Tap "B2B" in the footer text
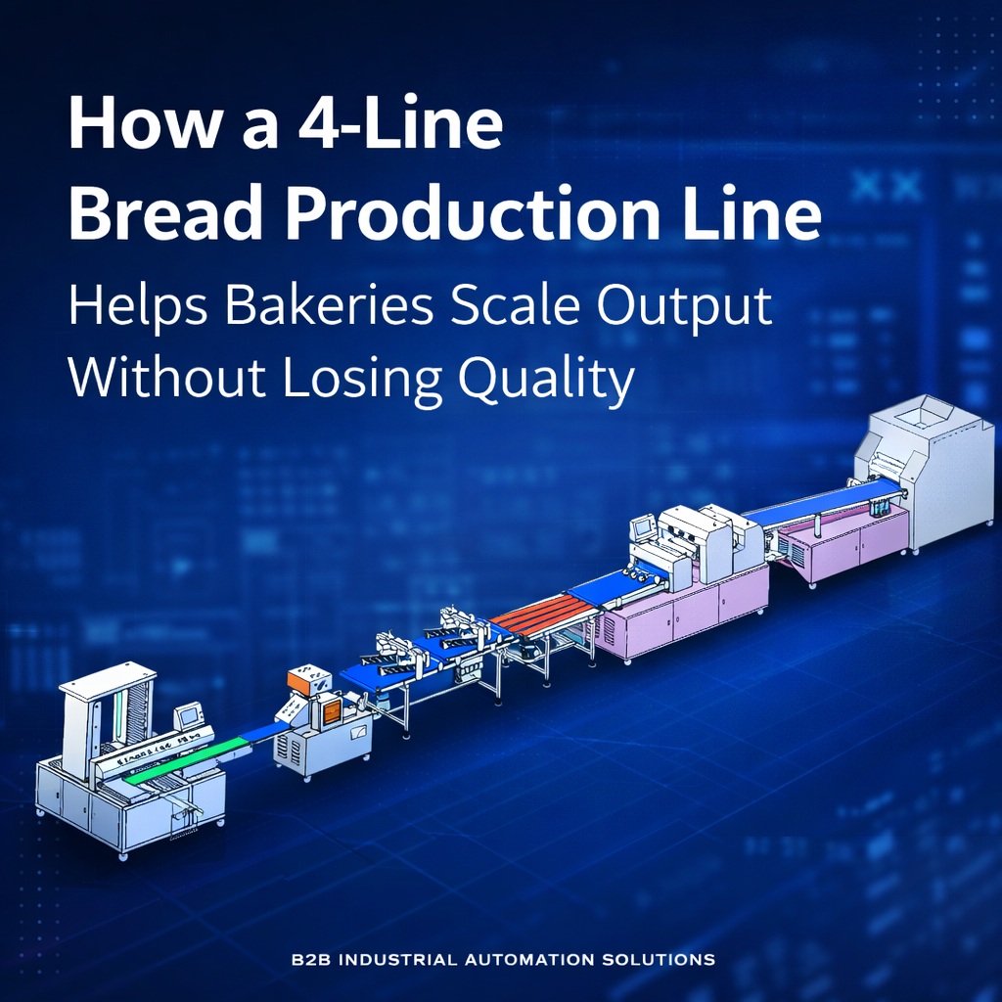coord(312,960)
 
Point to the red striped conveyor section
coord(544,616)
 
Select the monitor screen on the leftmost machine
coord(188,715)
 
